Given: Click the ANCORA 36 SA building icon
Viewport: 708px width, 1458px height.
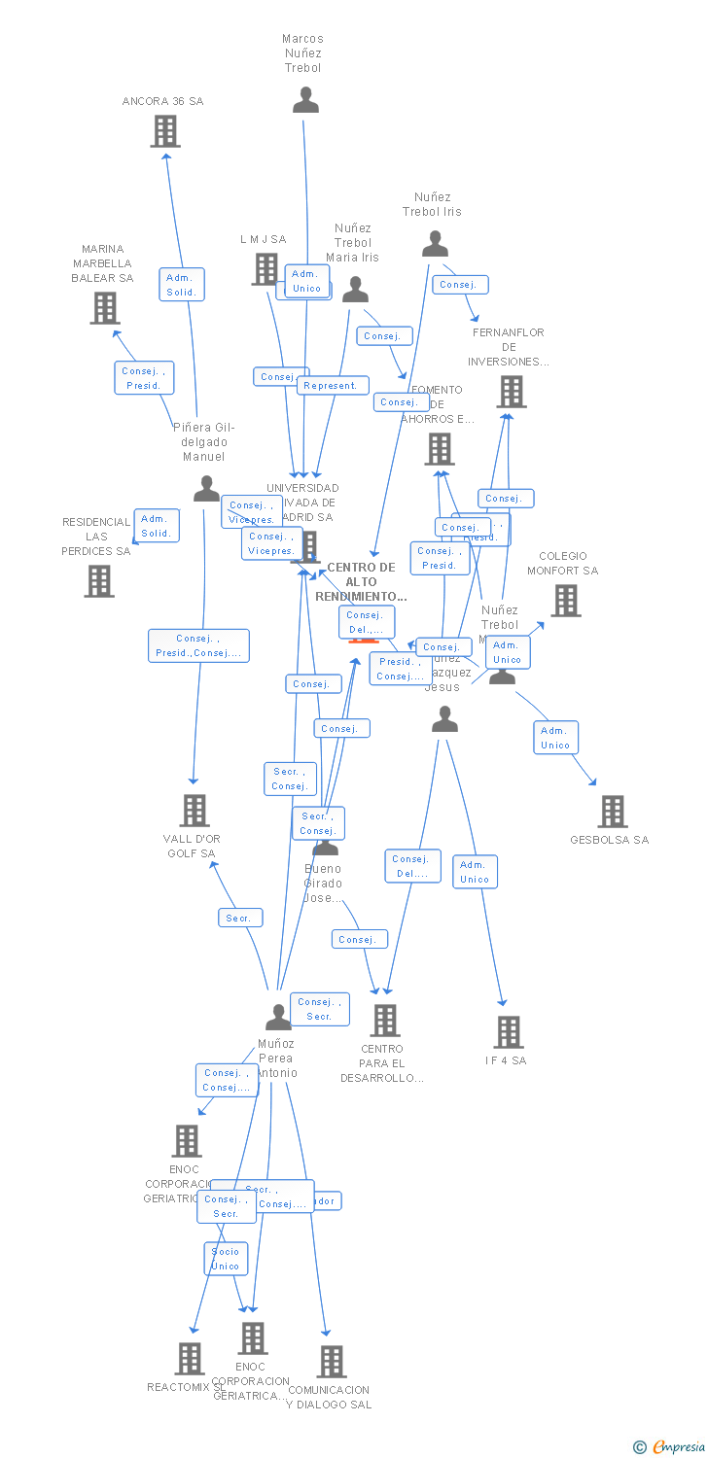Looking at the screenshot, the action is coord(165,131).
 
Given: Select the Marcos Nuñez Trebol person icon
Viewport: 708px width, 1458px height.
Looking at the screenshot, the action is coord(305,100).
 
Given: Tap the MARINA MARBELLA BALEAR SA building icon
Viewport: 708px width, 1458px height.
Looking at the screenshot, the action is coord(105,308).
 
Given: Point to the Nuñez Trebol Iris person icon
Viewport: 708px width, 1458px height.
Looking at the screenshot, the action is coord(435,244).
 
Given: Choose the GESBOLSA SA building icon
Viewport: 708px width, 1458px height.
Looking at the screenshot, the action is coord(612,812).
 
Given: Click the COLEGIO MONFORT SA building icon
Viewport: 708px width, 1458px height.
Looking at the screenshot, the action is coord(565,601).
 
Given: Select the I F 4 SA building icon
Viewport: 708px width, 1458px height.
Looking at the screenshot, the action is coord(508,1032).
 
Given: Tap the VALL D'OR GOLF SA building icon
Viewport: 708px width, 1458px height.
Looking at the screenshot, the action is coord(195,811).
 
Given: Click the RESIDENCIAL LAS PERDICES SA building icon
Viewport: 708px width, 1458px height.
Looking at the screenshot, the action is coord(98,581).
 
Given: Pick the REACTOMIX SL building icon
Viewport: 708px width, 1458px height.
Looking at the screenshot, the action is coord(190,1358).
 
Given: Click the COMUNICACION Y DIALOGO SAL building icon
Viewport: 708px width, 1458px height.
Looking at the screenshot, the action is coord(331,1362).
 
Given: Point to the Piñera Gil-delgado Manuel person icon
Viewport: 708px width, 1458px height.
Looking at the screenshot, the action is coord(206,489).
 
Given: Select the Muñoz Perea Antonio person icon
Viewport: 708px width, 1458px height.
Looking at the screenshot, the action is coord(278,1018).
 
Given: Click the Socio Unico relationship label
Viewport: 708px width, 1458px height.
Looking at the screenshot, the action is coord(226,1259).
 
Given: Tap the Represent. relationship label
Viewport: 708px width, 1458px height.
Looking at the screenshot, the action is coord(332,386).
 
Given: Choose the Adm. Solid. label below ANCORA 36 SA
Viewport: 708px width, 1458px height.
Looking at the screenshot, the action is coord(182,285).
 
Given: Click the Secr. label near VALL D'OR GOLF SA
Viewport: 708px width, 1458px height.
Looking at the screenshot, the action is coord(239,918).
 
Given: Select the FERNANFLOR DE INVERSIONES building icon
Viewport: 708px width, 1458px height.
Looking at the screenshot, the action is coord(512,392).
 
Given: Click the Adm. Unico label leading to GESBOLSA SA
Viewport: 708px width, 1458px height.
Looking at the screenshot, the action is coord(555,738).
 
